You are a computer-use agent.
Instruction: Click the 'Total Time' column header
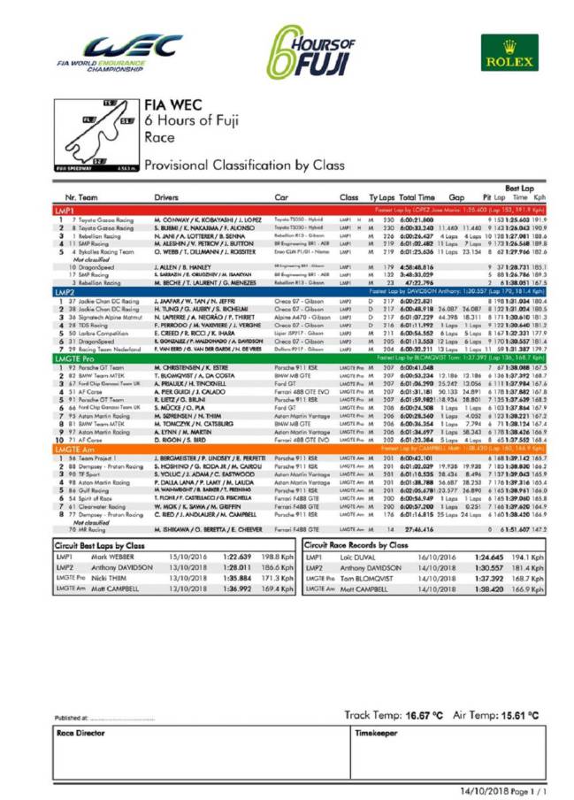416,197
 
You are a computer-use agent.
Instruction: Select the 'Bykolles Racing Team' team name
99,251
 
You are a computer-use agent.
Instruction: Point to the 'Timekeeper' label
374,734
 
